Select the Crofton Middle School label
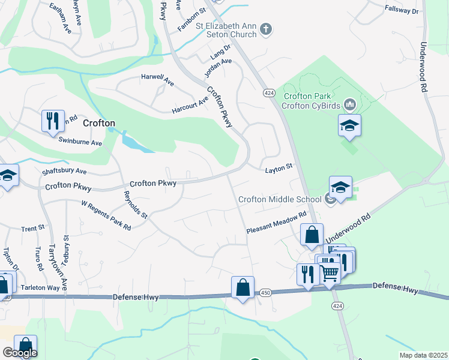pyautogui.click(x=280, y=200)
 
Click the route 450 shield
pyautogui.click(x=266, y=293)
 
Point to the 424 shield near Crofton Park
pyautogui.click(x=268, y=93)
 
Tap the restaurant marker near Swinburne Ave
pyautogui.click(x=53, y=121)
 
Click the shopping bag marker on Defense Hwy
pyautogui.click(x=243, y=287)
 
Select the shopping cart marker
pyautogui.click(x=329, y=273)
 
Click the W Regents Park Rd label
pyautogui.click(x=106, y=215)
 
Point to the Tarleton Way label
pyautogui.click(x=41, y=287)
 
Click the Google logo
pyautogui.click(x=19, y=353)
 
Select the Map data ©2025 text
pyautogui.click(x=423, y=355)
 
